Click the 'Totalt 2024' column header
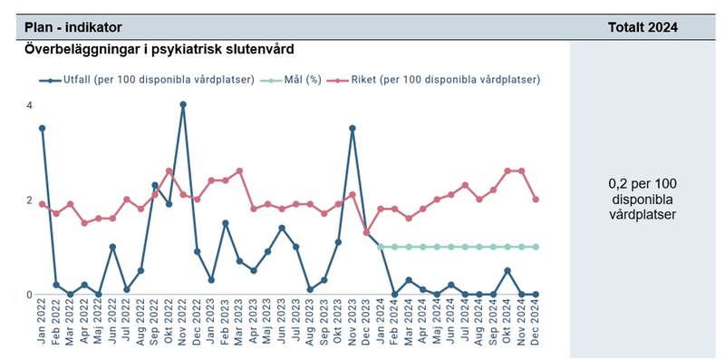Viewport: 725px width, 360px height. [643, 28]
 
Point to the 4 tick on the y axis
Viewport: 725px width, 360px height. [29, 105]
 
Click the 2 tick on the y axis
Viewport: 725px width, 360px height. [29, 199]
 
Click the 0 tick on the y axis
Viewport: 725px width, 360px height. [29, 295]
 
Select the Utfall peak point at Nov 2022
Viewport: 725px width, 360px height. [183, 104]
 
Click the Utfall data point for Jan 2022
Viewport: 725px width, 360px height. [42, 128]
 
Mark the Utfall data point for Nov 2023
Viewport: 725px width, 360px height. [353, 128]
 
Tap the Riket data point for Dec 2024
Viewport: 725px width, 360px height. [536, 199]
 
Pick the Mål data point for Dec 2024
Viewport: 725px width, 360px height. [536, 247]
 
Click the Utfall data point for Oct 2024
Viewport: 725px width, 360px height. [507, 270]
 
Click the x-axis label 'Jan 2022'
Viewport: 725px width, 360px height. [43, 322]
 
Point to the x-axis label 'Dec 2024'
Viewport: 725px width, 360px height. [536, 322]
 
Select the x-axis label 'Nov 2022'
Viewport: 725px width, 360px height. [184, 322]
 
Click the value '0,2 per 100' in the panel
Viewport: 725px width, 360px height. [643, 183]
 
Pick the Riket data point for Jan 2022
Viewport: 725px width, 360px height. [42, 204]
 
